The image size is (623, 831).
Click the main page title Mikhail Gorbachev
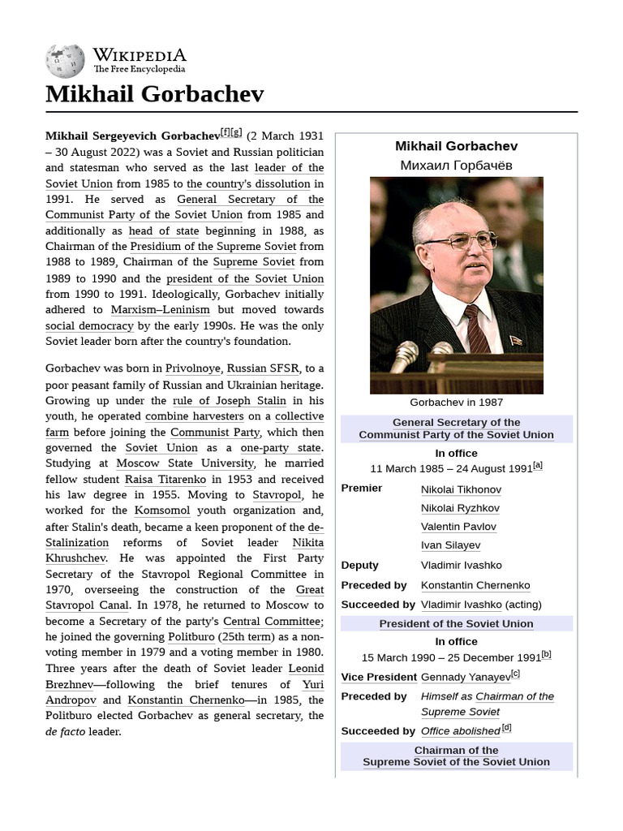(x=154, y=94)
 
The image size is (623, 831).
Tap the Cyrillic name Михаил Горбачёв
(x=456, y=166)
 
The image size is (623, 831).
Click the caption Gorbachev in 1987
(x=456, y=403)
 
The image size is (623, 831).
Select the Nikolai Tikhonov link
(x=461, y=489)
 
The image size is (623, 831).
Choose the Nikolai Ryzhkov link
(x=460, y=508)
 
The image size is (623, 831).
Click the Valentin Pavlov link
(x=458, y=527)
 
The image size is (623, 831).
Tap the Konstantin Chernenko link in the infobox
(x=475, y=585)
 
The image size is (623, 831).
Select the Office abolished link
(x=460, y=731)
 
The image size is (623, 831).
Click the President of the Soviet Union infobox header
(x=456, y=624)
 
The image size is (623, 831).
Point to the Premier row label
(x=362, y=489)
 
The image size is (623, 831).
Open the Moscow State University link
(x=185, y=463)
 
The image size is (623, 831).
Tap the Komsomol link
(x=162, y=510)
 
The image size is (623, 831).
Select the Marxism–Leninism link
(x=160, y=310)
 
